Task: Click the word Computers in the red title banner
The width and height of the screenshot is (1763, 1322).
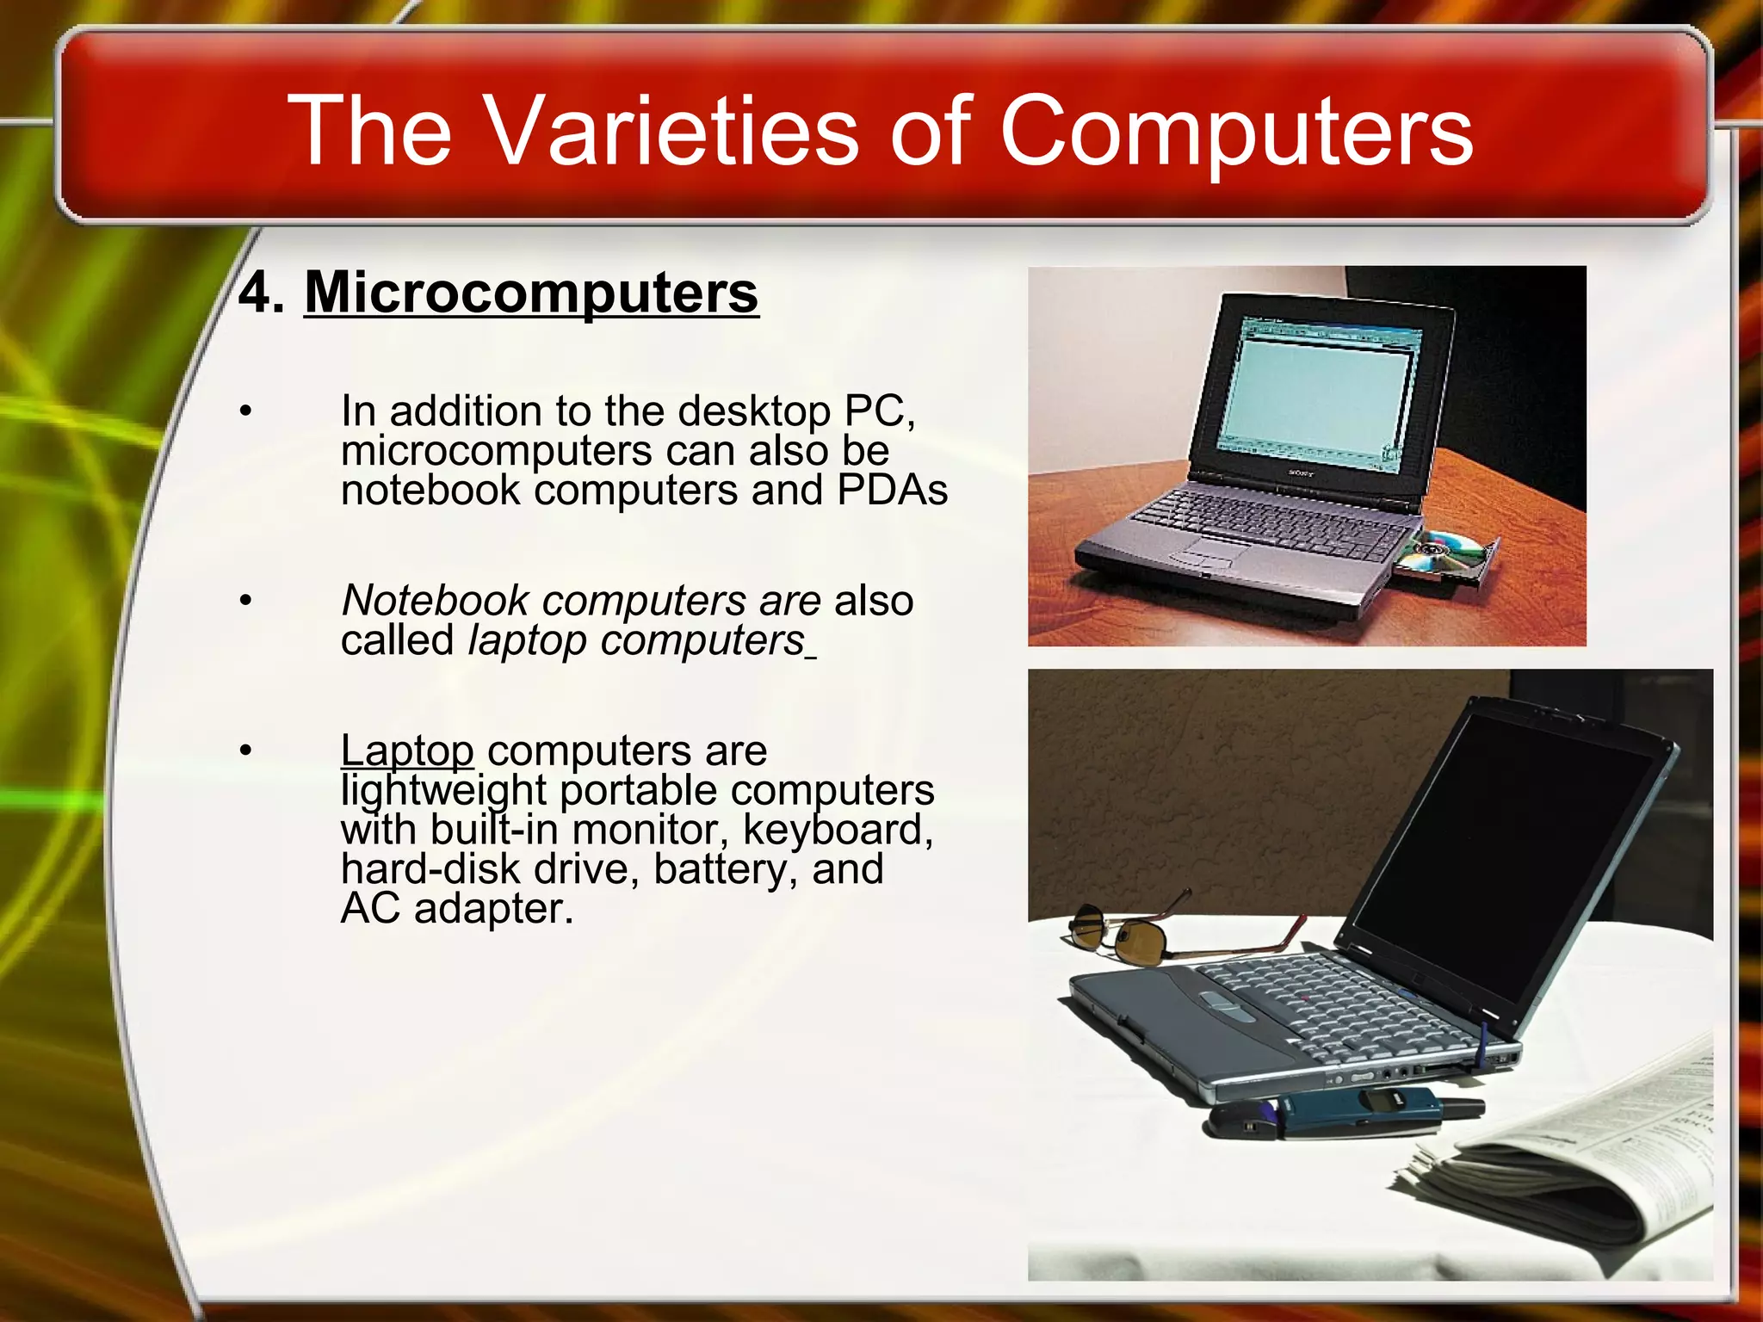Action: click(1235, 131)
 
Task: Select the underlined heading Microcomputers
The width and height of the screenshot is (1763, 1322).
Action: click(531, 293)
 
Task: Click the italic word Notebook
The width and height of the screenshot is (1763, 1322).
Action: click(435, 600)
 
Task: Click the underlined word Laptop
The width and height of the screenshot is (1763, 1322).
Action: click(406, 751)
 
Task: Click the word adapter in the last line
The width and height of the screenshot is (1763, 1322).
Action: click(492, 909)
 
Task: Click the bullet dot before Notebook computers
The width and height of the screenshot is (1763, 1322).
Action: click(246, 600)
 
